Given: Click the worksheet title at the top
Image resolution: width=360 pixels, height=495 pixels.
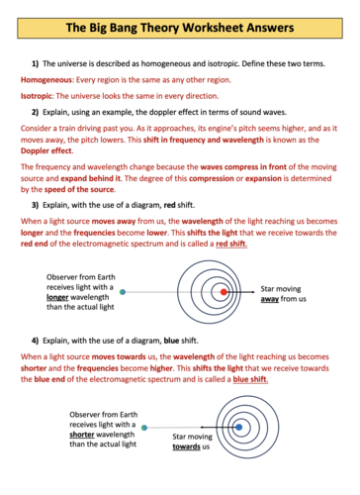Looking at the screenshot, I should click(x=179, y=17).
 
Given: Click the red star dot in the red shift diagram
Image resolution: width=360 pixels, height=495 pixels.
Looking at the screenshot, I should click(x=225, y=292).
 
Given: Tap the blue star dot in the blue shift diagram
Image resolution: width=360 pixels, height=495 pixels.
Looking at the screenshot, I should click(x=237, y=429).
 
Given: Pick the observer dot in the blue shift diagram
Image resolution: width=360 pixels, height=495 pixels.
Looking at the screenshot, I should click(x=145, y=429).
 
